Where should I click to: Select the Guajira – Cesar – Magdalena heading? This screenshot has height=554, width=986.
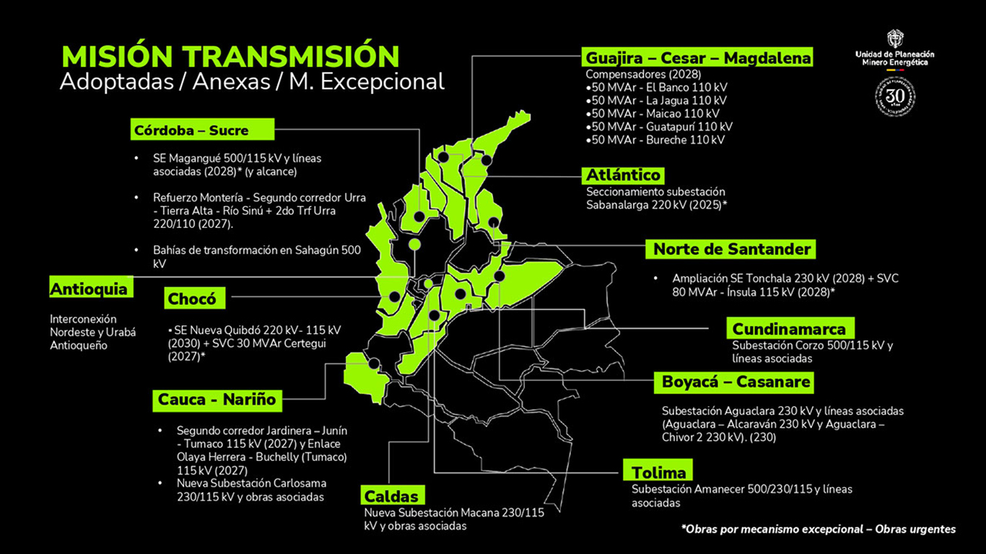tap(698, 57)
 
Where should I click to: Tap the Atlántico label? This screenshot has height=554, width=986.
tap(623, 175)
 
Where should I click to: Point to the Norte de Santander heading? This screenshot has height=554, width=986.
tap(732, 250)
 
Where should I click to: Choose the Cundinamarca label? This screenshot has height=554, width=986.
tap(788, 329)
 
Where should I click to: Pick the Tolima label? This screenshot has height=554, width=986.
tap(658, 472)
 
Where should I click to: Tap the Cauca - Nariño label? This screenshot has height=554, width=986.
tap(217, 399)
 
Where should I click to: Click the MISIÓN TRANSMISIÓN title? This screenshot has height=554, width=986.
tap(230, 56)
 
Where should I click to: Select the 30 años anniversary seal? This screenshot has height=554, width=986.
tap(895, 97)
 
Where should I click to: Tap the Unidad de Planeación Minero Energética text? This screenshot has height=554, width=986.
tap(894, 58)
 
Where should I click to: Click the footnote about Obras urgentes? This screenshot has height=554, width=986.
tap(818, 529)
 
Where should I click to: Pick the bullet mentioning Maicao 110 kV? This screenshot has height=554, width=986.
tap(657, 113)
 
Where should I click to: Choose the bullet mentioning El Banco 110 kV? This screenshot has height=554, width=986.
tap(660, 87)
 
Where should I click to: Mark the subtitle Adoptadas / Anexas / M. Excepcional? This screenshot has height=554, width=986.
tap(251, 82)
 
